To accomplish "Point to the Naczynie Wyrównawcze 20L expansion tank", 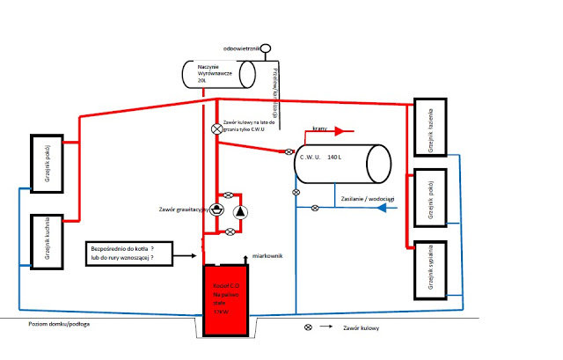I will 217,73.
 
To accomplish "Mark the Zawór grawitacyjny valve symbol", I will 216,209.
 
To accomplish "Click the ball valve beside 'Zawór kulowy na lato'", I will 217,129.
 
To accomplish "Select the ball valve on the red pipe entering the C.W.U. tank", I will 288,152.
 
